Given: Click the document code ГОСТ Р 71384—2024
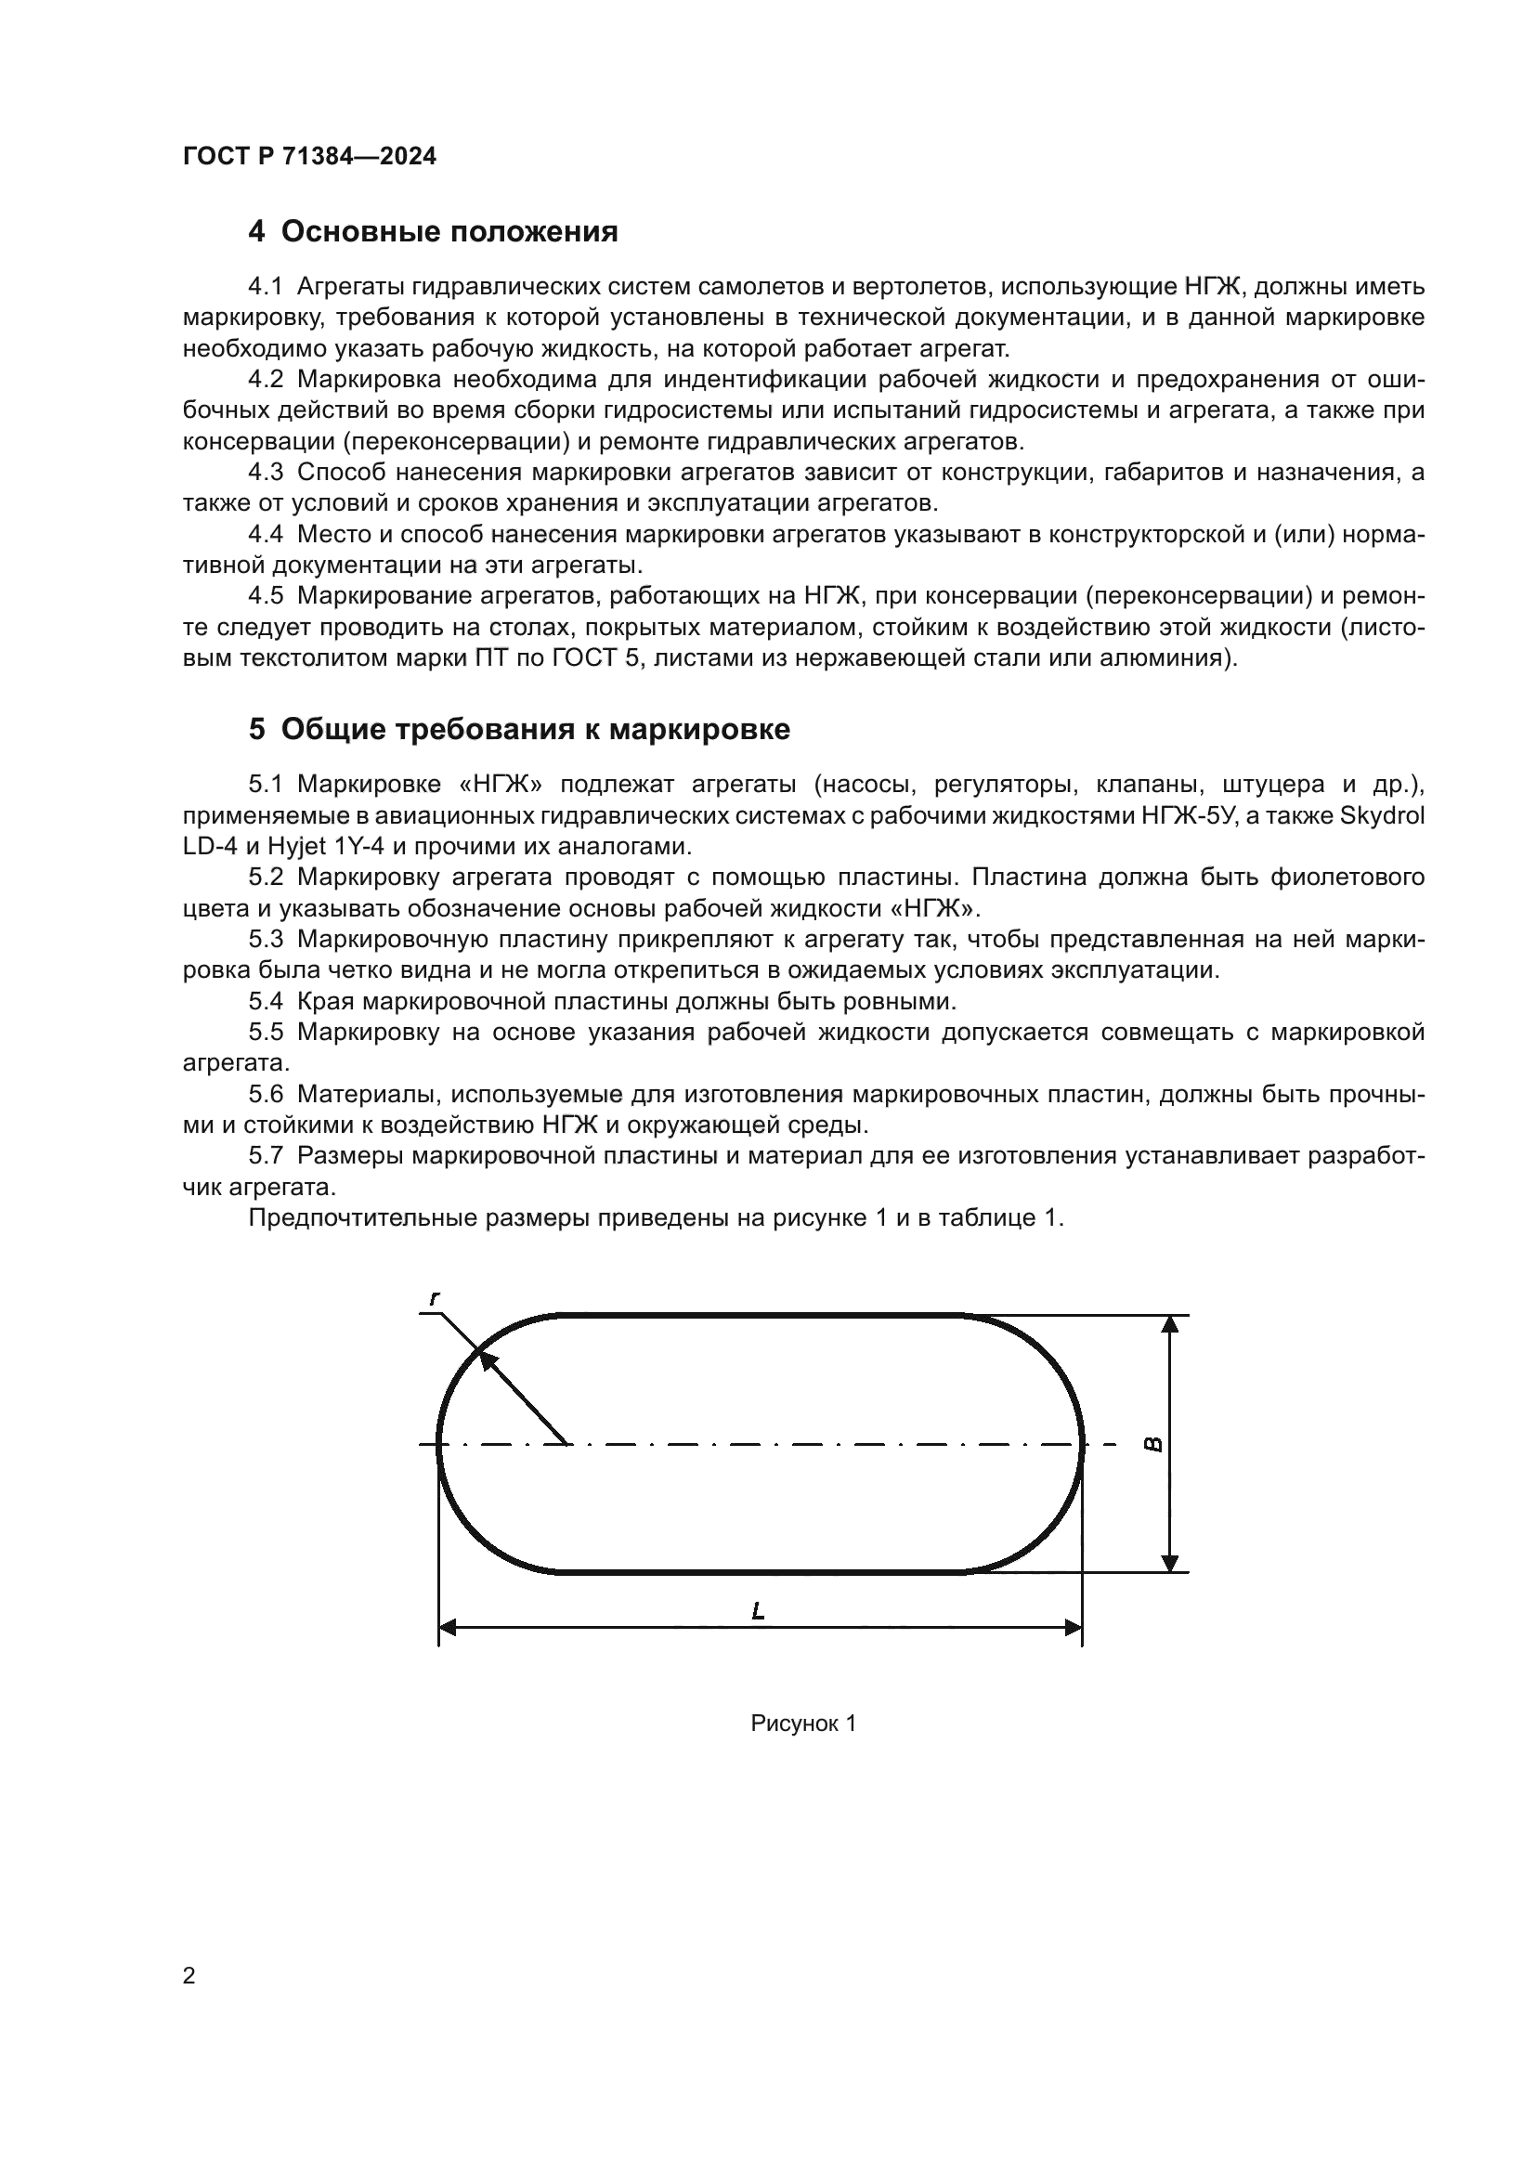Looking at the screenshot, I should (x=309, y=157).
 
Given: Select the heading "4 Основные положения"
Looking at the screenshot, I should (x=432, y=232).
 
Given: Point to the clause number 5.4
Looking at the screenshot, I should (x=266, y=1001).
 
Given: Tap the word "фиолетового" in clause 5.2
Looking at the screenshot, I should (x=1347, y=877).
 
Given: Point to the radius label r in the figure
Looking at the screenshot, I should (x=434, y=1300).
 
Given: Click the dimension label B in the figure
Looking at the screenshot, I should (x=1153, y=1445).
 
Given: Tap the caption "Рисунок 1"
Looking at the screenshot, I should (x=803, y=1723).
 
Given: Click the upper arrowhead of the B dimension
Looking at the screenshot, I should (x=1170, y=1324).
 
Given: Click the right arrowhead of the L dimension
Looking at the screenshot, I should (x=1074, y=1627).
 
